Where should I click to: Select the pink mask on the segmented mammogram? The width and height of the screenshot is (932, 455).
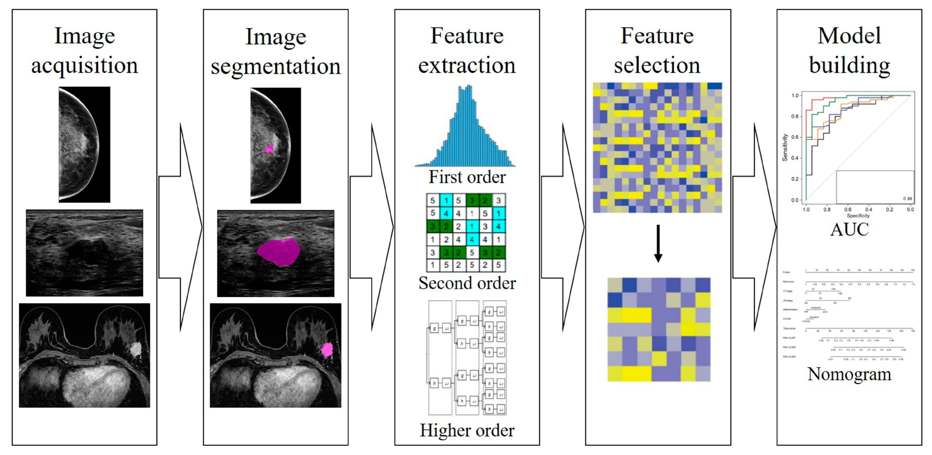coord(269,149)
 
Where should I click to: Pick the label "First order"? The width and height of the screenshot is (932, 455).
coord(467,177)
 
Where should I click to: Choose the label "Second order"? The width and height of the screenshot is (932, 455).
coord(467,283)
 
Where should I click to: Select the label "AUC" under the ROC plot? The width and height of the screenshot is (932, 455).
coord(849,229)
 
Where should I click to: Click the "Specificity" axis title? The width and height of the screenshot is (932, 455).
coord(858,216)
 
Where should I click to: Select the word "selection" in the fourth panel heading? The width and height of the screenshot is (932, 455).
coord(657,66)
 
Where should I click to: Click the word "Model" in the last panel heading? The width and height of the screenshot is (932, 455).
coord(849,36)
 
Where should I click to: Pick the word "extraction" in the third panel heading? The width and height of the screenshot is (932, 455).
coord(467,66)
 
